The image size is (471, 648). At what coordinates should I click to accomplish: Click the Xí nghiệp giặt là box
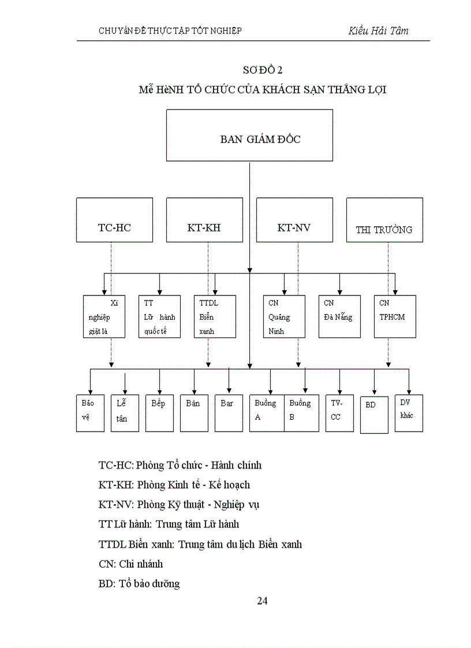pos(104,316)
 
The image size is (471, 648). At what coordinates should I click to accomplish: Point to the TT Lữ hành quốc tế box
pos(159,316)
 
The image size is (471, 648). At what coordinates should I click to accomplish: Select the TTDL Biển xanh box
pos(215,316)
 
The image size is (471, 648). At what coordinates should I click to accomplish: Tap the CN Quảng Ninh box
pos(284,316)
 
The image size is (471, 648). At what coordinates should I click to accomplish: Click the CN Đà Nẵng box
pos(339,316)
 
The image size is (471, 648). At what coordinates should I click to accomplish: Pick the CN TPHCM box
pos(395,316)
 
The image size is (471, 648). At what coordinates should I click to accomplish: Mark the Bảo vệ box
pos(90,413)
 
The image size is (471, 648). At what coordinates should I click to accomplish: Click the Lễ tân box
pos(125,413)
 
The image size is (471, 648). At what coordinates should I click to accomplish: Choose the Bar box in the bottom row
pos(229,413)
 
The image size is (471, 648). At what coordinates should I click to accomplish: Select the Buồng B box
pos(301,413)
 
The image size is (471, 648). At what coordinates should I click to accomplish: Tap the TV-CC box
pos(339,413)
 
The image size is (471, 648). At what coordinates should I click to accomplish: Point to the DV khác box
pos(409,413)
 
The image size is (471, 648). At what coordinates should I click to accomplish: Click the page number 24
pos(262,601)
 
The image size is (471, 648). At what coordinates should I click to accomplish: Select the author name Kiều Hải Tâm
pos(378,31)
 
